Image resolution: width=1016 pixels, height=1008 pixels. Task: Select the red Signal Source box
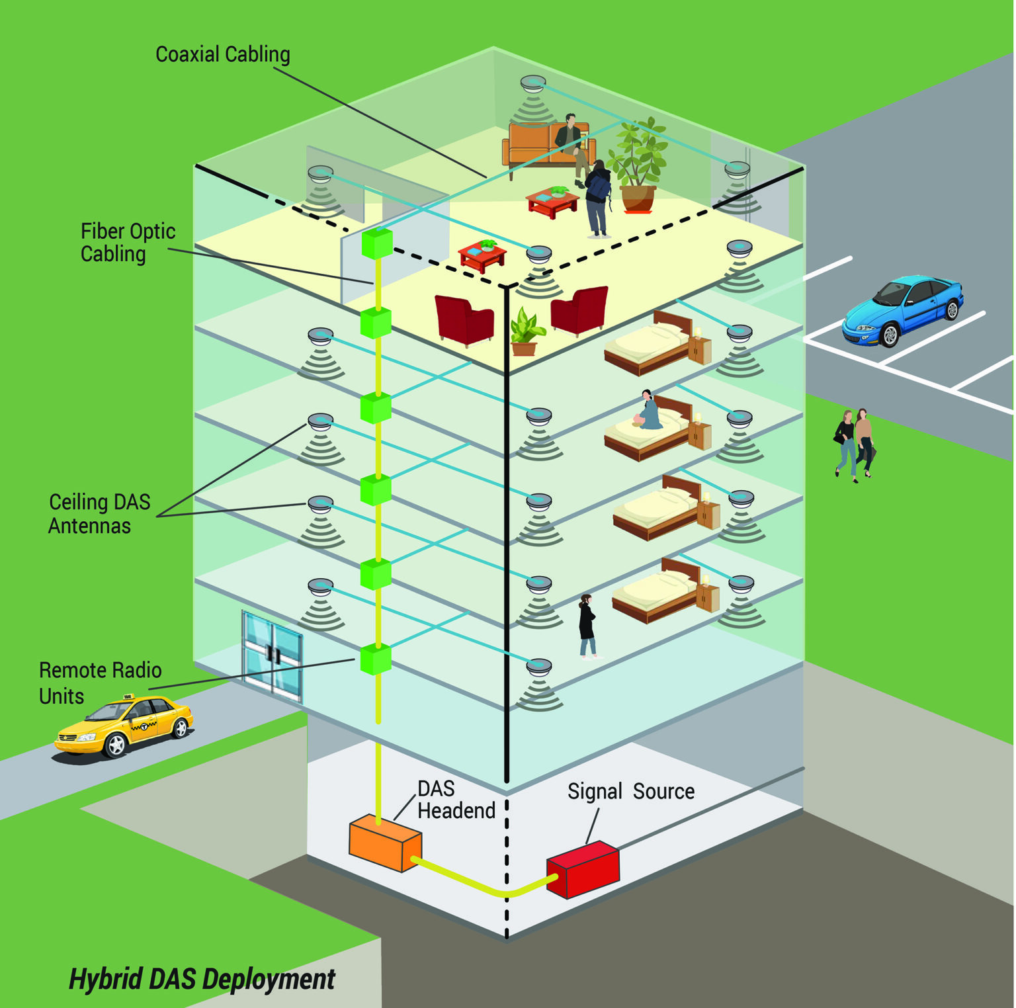583,869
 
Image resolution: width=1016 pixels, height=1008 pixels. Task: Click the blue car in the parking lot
904,310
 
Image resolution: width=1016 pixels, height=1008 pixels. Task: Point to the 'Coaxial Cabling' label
222,54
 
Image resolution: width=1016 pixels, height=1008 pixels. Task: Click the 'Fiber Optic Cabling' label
128,243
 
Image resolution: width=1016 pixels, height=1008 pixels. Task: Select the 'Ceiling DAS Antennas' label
99,514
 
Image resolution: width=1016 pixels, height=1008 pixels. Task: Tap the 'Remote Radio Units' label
100,683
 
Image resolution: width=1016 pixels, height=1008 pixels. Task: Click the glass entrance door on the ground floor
272,654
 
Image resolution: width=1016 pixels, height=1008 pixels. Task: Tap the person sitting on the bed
647,411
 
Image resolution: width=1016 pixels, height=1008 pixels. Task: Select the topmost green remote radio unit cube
377,243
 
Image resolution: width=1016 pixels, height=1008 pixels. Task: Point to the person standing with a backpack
598,198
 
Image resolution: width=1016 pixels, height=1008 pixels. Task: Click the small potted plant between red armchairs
525,331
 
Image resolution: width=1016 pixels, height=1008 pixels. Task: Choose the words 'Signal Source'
630,791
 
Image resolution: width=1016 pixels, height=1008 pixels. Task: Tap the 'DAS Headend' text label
456,800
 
